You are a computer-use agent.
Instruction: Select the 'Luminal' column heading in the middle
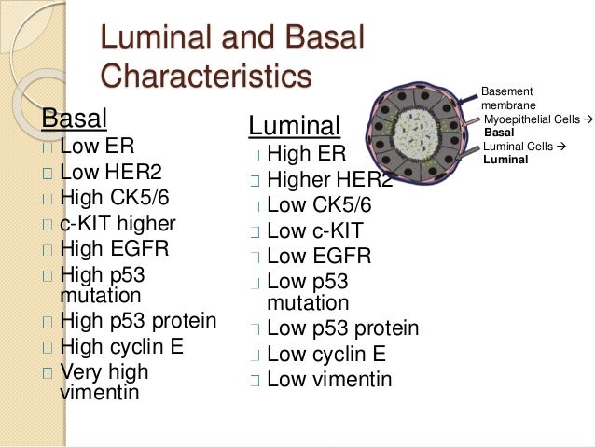pos(294,126)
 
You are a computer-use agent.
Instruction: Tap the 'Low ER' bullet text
pos(96,147)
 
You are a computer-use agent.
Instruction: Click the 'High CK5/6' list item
pos(117,198)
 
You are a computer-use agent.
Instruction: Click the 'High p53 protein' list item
pos(138,323)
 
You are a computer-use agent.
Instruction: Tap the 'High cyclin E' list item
pos(122,348)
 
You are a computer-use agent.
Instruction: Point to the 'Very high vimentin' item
pos(104,383)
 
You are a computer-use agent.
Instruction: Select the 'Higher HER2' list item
pos(329,179)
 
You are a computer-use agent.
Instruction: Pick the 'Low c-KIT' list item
pos(314,230)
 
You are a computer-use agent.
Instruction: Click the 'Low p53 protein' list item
pos(342,329)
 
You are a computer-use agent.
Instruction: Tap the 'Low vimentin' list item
pos(329,380)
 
